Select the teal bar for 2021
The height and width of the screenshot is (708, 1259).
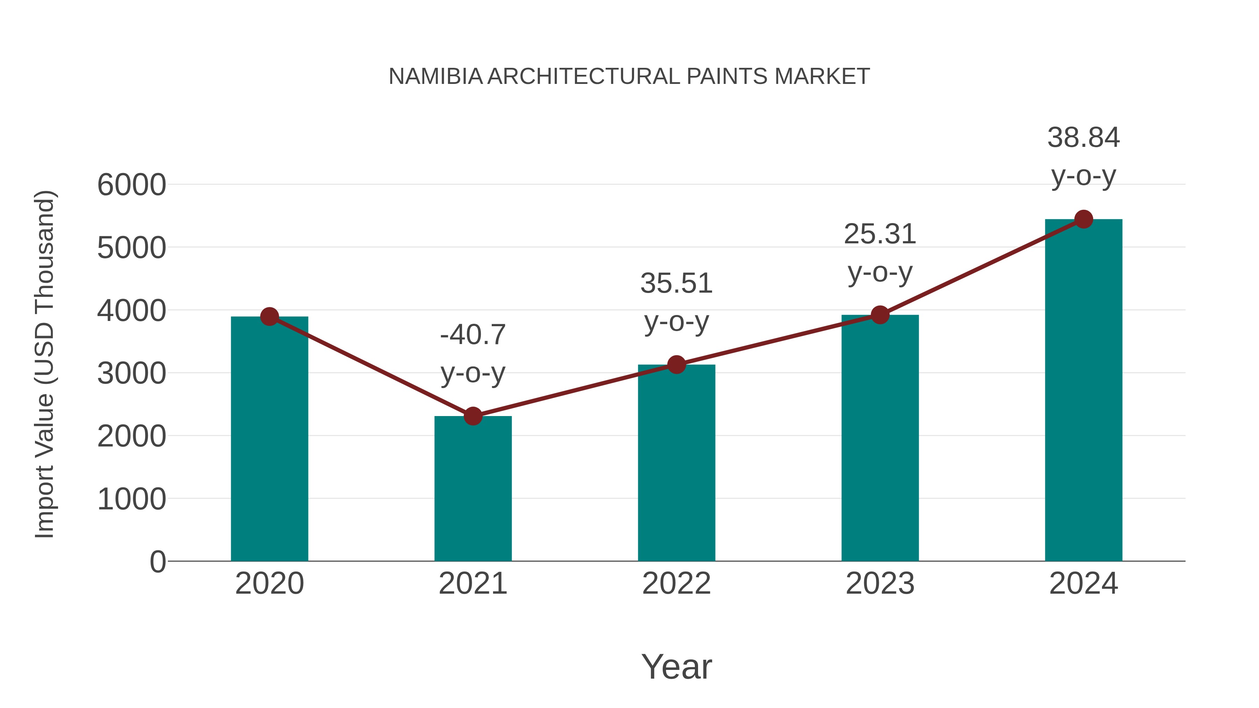(472, 489)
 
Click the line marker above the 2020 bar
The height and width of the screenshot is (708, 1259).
(269, 317)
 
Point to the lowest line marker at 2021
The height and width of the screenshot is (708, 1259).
(472, 416)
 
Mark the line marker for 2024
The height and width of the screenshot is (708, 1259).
(1083, 219)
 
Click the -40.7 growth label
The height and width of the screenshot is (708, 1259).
(472, 335)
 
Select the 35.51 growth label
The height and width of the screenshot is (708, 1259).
(676, 284)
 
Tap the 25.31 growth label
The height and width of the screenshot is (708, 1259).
(880, 234)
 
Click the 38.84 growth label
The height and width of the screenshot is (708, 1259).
(1083, 137)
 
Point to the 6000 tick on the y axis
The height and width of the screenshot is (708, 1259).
(131, 185)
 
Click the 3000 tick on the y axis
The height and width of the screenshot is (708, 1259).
(131, 374)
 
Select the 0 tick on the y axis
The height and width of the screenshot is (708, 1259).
(157, 562)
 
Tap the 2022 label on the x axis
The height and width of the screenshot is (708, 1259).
(676, 584)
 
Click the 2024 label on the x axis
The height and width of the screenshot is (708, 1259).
(1083, 584)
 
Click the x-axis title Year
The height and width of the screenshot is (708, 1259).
(676, 667)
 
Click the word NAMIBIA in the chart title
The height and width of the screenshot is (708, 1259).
(435, 77)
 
